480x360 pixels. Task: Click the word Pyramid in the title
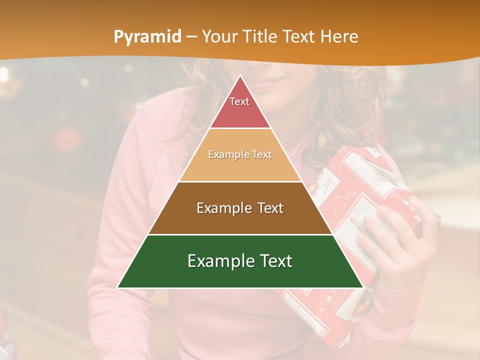pyautogui.click(x=147, y=37)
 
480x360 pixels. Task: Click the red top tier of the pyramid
pyautogui.click(x=240, y=110)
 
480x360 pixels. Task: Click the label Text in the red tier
pyautogui.click(x=239, y=101)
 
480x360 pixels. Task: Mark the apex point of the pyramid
pyautogui.click(x=240, y=75)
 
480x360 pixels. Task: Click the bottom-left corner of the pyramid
pyautogui.click(x=117, y=287)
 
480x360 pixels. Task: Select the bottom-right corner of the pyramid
pyautogui.click(x=363, y=287)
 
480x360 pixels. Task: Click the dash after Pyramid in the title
pyautogui.click(x=191, y=37)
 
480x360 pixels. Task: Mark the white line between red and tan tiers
pyautogui.click(x=240, y=128)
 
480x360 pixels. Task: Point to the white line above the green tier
pyautogui.click(x=240, y=234)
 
